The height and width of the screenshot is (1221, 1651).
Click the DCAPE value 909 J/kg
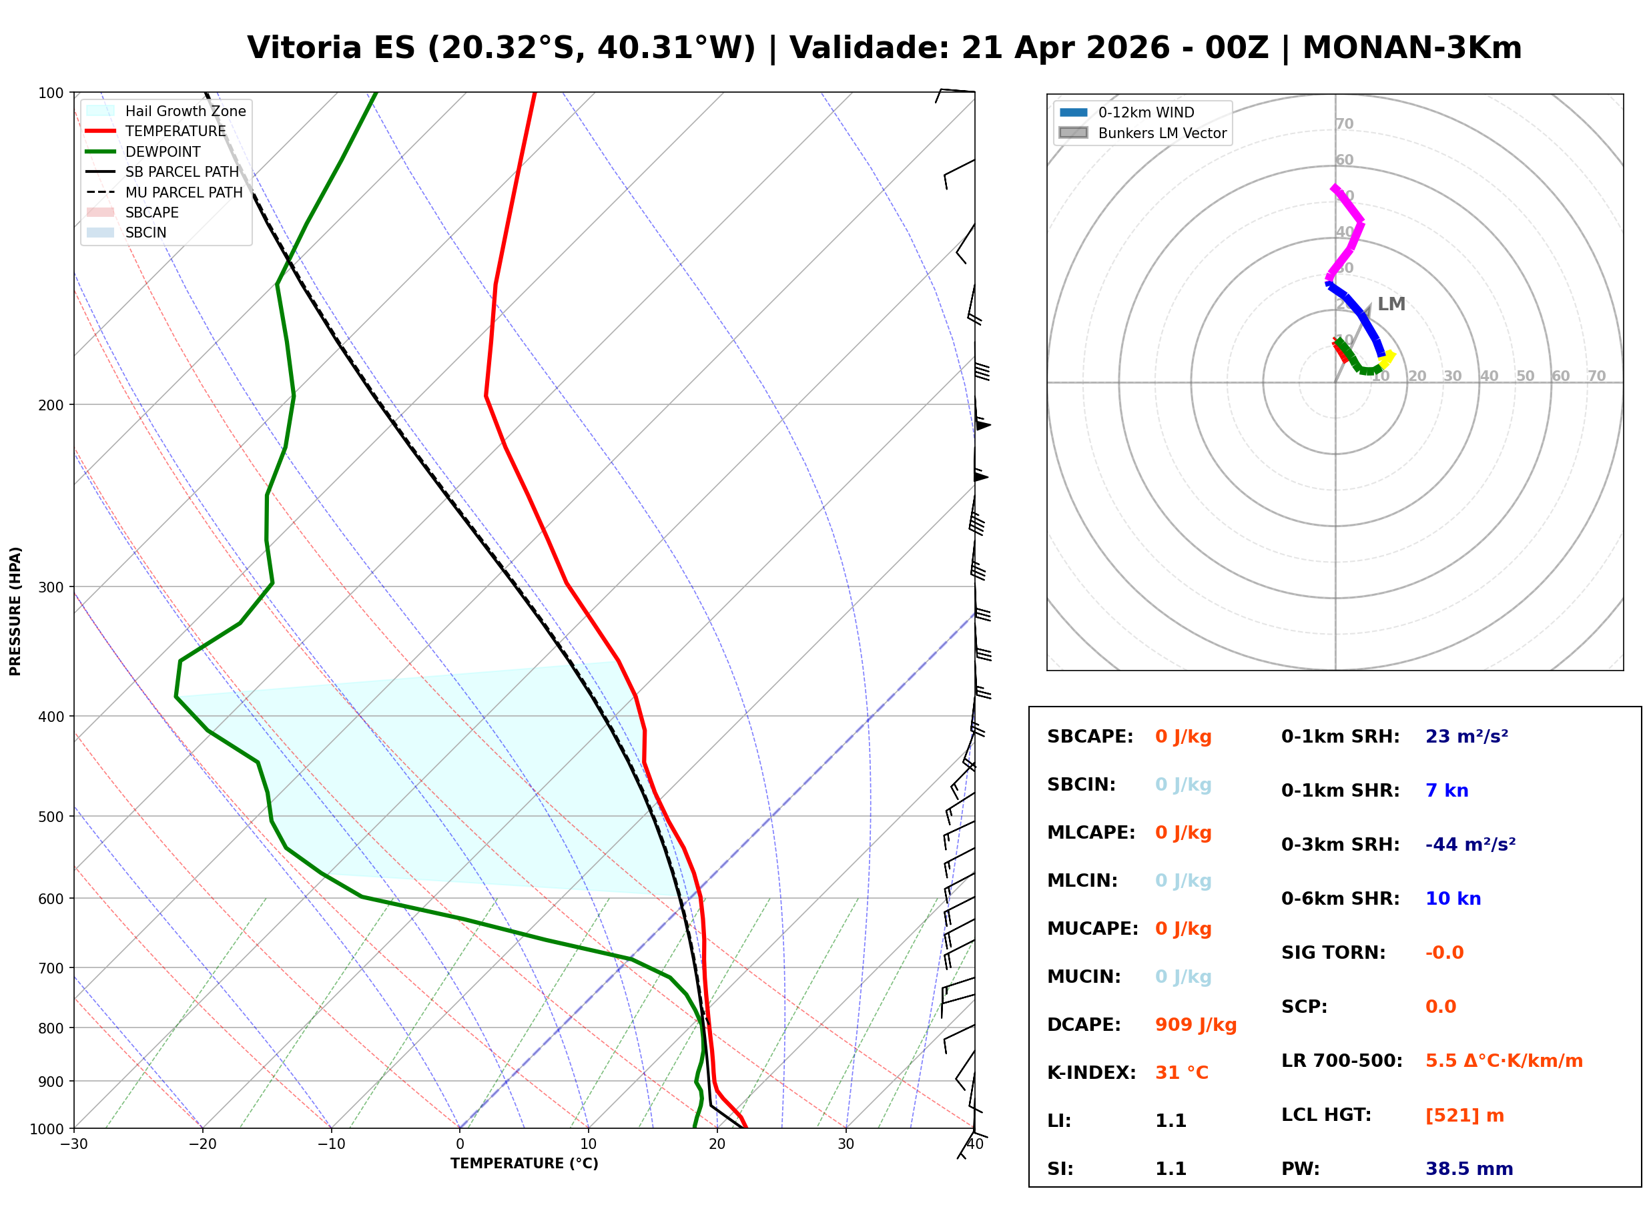point(1195,1025)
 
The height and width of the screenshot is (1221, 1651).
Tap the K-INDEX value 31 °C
point(1181,1073)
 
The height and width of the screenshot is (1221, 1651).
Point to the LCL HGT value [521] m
point(1464,1116)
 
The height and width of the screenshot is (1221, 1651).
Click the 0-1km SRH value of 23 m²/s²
point(1466,737)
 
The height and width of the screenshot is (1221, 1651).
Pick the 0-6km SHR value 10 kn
point(1453,899)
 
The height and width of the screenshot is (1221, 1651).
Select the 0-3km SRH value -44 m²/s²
point(1470,845)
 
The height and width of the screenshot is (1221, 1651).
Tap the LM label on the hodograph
point(1391,304)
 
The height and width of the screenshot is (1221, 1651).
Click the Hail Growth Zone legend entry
point(185,111)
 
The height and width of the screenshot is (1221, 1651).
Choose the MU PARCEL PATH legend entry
point(184,192)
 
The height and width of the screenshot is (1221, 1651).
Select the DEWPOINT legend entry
point(163,151)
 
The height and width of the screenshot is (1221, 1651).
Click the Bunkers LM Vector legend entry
point(1162,133)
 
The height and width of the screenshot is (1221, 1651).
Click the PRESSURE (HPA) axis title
point(15,610)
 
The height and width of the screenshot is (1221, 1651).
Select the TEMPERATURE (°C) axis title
point(524,1164)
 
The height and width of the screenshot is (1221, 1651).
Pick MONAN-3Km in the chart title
point(1411,48)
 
